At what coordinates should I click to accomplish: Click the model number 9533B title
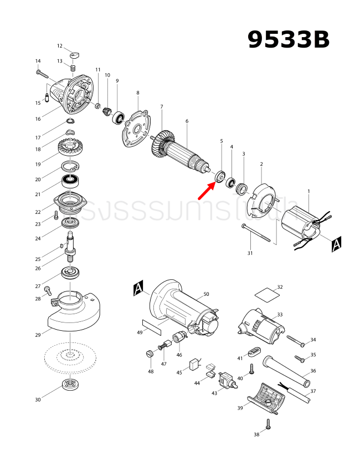pyautogui.click(x=288, y=39)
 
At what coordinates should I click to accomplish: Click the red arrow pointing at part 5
pyautogui.click(x=207, y=189)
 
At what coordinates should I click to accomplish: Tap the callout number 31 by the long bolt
pyautogui.click(x=250, y=253)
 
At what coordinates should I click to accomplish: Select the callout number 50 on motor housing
pyautogui.click(x=206, y=294)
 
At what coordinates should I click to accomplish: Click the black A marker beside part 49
pyautogui.click(x=138, y=287)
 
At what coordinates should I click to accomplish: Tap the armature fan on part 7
pyautogui.click(x=161, y=146)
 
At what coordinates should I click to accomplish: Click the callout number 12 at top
pyautogui.click(x=60, y=46)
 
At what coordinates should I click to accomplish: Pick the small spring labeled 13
pyautogui.click(x=73, y=68)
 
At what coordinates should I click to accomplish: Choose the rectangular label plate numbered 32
pyautogui.click(x=265, y=292)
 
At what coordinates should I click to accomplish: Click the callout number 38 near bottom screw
pyautogui.click(x=256, y=435)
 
